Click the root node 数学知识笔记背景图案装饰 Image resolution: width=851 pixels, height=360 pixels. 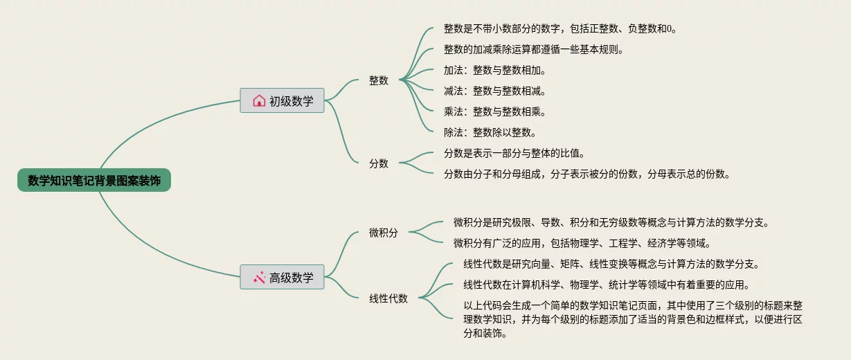(x=94, y=181)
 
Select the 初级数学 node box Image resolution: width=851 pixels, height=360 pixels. (x=282, y=101)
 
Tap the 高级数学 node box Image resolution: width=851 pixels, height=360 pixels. (x=282, y=278)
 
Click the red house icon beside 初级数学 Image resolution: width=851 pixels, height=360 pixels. (x=259, y=101)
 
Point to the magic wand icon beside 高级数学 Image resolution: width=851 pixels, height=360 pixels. (x=259, y=278)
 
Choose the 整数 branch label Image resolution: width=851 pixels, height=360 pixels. (x=379, y=80)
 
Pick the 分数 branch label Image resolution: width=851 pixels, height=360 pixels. (x=379, y=163)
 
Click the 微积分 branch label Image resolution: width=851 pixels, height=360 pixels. (x=384, y=233)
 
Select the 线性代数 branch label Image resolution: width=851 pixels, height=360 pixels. (x=388, y=298)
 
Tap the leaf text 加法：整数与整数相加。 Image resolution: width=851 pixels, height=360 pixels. (x=495, y=70)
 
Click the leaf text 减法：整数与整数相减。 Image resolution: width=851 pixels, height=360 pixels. (x=495, y=91)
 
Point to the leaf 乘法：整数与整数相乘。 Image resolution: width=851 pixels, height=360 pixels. (x=495, y=111)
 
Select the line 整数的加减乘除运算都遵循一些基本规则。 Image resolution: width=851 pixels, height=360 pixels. (x=534, y=49)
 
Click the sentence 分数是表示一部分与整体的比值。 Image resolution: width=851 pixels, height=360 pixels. (x=519, y=153)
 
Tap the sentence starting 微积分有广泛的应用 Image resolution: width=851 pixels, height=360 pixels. (x=582, y=243)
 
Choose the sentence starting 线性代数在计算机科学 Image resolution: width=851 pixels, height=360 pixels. (x=606, y=285)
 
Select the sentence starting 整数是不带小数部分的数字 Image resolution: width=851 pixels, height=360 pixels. (x=559, y=28)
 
